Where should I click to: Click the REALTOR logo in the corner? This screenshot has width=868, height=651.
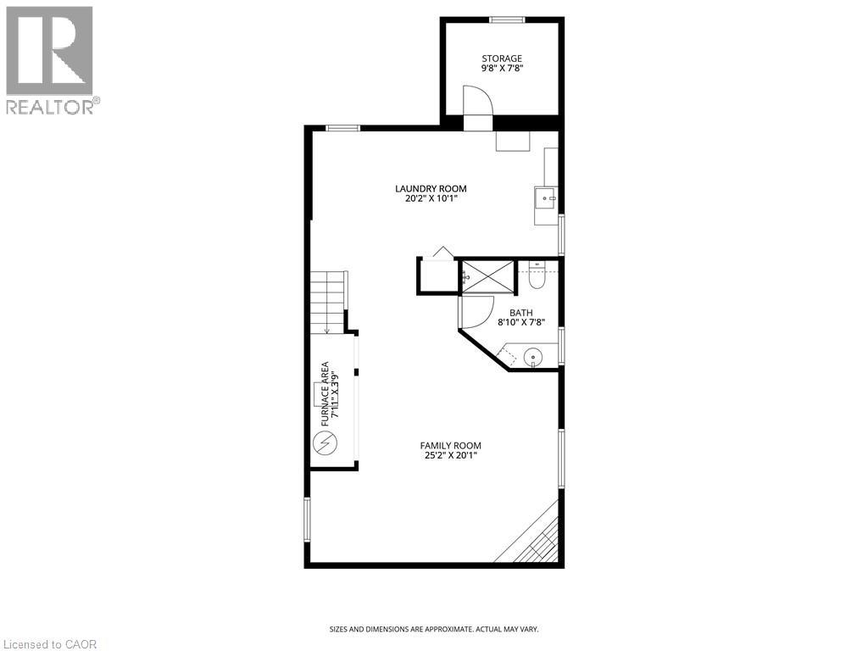pos(50,59)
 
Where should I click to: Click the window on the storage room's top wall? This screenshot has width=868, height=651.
pos(506,19)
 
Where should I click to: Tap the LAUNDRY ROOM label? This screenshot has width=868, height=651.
pos(431,188)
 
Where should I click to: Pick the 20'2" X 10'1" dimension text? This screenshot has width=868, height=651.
pos(431,200)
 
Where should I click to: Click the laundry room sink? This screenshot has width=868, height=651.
pos(545,198)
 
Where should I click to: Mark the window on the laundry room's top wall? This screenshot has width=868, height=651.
pos(342,128)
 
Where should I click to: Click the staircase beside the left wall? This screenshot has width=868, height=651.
pos(327,302)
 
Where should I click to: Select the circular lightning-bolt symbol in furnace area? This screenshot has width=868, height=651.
pos(325,442)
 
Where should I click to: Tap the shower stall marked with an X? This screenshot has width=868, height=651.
pos(487,275)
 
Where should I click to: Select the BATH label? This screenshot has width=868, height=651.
pos(520,312)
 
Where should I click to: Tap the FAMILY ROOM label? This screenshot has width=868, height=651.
pos(450,445)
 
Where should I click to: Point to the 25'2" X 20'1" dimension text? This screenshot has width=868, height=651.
pos(450,457)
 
